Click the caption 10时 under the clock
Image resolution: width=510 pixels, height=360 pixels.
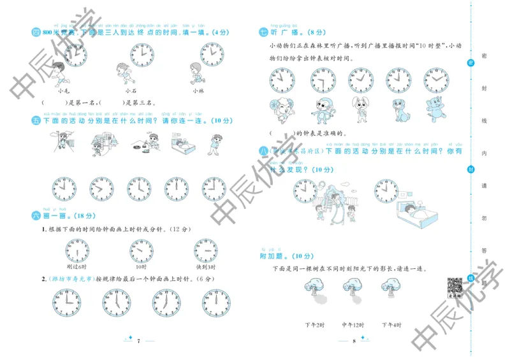coord(141,266)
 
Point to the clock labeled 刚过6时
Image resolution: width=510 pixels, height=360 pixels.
coord(77,250)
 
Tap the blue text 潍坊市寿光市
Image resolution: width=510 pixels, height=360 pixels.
coord(69,278)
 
